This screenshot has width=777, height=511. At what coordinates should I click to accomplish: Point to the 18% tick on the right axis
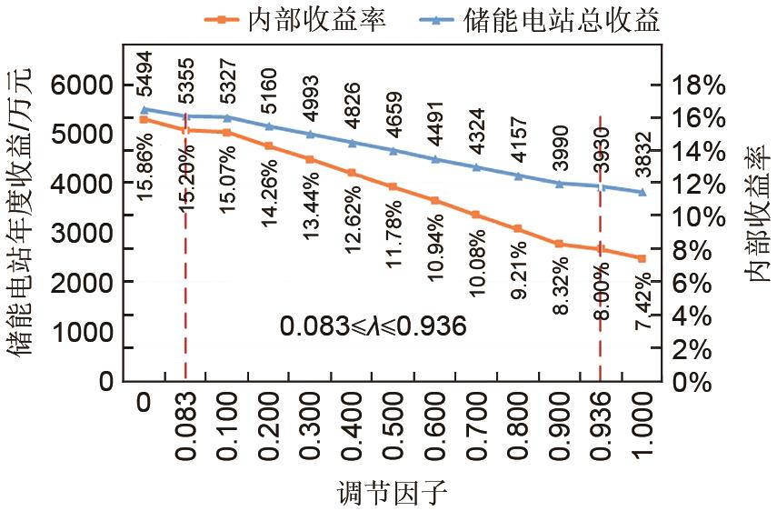click(x=698, y=85)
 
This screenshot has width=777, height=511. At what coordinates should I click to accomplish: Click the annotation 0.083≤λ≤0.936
click(x=373, y=326)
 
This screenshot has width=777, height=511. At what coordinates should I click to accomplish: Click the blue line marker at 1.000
click(x=642, y=192)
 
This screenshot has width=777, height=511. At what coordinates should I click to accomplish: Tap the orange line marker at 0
click(x=144, y=119)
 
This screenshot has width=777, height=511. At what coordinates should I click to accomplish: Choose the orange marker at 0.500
click(x=393, y=186)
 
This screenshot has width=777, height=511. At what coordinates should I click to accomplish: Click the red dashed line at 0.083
click(x=185, y=273)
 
